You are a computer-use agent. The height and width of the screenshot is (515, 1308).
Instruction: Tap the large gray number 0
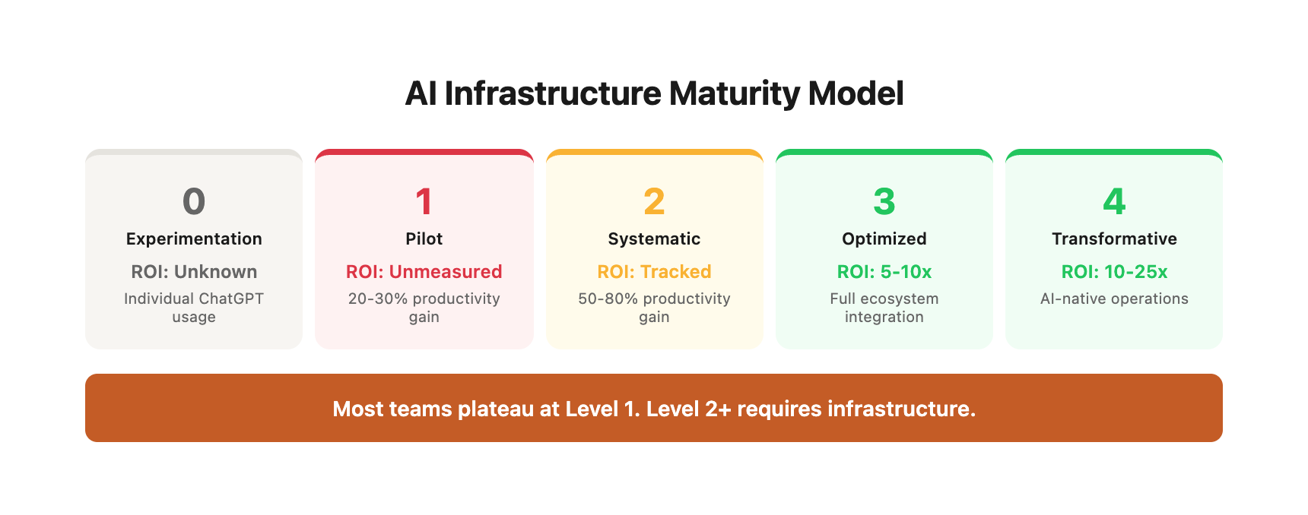pyautogui.click(x=194, y=201)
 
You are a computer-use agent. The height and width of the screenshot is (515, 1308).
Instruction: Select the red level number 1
pyautogui.click(x=424, y=201)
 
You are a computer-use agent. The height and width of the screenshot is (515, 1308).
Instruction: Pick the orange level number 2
pyautogui.click(x=654, y=201)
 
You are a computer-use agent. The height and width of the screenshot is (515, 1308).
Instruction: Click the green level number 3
pyautogui.click(x=884, y=201)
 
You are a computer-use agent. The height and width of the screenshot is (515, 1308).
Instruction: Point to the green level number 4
pyautogui.click(x=1114, y=201)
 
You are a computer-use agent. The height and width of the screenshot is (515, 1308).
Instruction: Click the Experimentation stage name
pyautogui.click(x=194, y=239)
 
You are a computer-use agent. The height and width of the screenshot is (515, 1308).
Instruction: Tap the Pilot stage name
pyautogui.click(x=424, y=239)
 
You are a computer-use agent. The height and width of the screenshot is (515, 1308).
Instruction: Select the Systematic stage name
pyautogui.click(x=654, y=239)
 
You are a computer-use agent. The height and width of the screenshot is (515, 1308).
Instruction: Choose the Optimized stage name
pyautogui.click(x=884, y=239)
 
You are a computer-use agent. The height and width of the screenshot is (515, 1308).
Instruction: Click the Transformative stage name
pyautogui.click(x=1114, y=239)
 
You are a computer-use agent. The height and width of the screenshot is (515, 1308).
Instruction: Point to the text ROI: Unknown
pyautogui.click(x=194, y=272)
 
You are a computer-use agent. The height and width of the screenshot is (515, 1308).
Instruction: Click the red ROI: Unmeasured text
pyautogui.click(x=424, y=272)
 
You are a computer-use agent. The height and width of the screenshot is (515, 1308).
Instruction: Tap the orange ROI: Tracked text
pyautogui.click(x=654, y=272)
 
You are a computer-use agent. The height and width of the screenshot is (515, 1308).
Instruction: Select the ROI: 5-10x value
pyautogui.click(x=884, y=272)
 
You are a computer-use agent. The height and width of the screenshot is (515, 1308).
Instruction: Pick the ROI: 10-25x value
pyautogui.click(x=1114, y=272)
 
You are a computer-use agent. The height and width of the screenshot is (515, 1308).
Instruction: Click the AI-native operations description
pyautogui.click(x=1114, y=299)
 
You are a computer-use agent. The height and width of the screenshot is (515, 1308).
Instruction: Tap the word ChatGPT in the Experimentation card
pyautogui.click(x=231, y=299)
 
